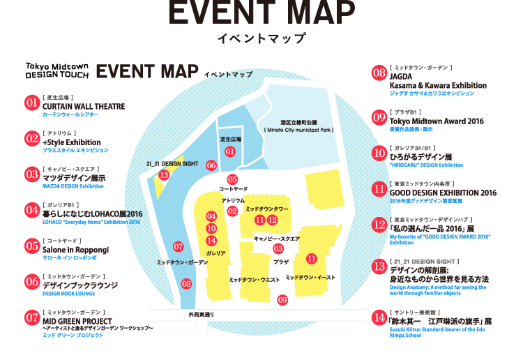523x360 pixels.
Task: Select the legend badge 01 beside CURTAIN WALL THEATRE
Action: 31,104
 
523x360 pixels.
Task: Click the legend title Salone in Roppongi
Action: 75,249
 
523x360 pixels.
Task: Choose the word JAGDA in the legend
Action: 402,76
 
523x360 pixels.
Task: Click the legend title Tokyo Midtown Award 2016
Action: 437,121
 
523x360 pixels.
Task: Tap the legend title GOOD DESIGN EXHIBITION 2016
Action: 443,193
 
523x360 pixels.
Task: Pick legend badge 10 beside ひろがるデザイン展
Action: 379,153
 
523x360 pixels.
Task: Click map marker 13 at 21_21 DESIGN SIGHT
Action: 164,175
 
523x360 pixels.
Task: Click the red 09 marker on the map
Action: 282,300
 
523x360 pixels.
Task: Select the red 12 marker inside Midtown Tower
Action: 273,220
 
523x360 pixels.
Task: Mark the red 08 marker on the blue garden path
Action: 186,284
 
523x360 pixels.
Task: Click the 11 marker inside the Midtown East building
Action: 312,258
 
